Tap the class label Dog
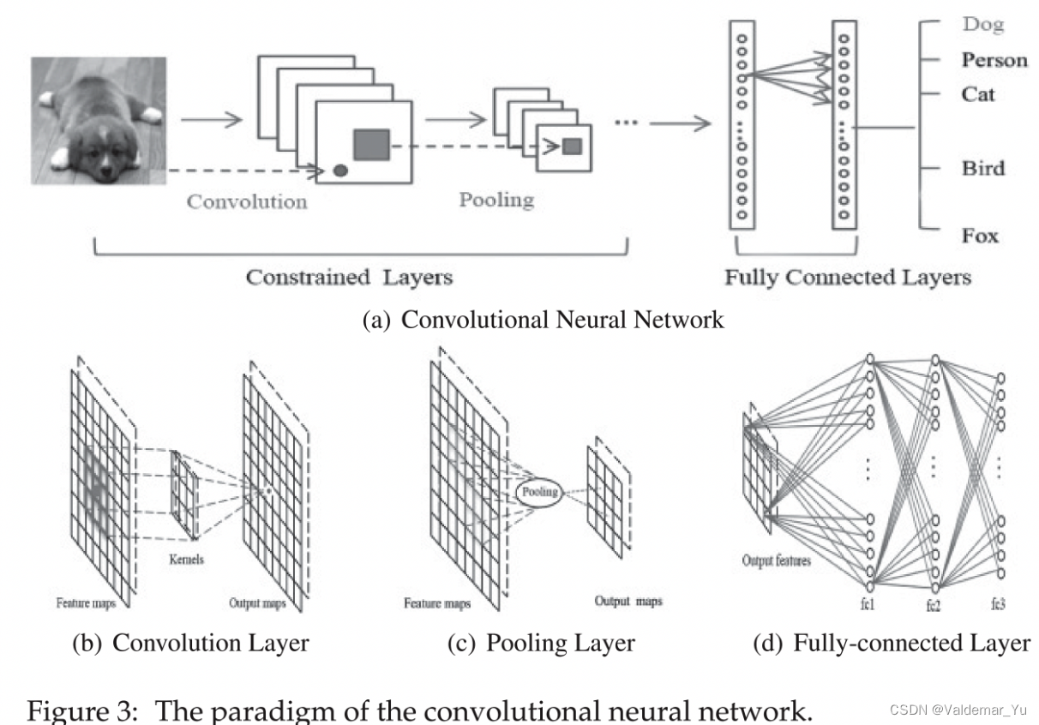[x=982, y=26]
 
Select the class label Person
[x=994, y=60]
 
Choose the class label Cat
[x=978, y=93]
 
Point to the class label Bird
[x=982, y=167]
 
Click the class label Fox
[x=979, y=236]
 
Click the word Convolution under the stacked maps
[x=247, y=202]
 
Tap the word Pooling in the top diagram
[x=496, y=201]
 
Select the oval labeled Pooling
[x=538, y=492]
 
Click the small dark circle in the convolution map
[x=339, y=171]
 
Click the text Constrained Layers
[x=349, y=278]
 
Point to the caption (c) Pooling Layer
[x=541, y=643]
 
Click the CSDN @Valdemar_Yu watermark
[x=958, y=710]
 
